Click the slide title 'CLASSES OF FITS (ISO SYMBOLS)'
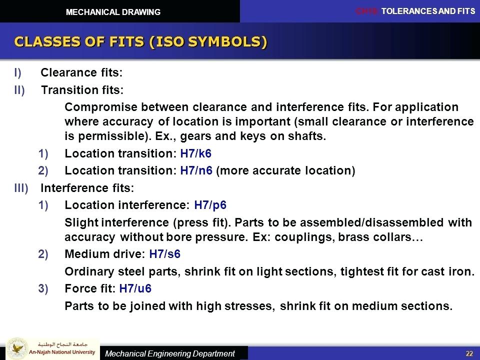pos(140,41)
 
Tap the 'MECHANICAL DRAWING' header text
pos(114,12)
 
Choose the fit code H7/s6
pos(164,254)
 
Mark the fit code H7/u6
pos(135,288)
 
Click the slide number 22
pos(469,353)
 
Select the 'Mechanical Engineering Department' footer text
pos(169,353)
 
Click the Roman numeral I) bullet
pos(18,73)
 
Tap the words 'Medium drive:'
pos(105,254)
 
